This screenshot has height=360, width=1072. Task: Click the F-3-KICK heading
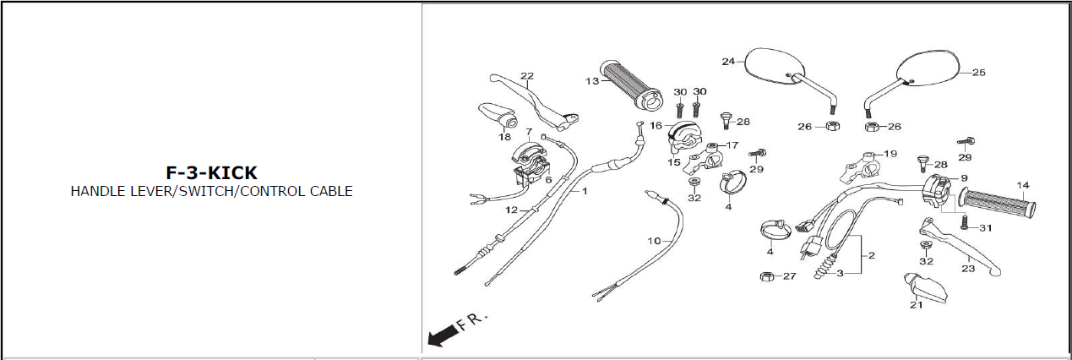point(211,172)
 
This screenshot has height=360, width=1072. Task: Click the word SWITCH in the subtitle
point(205,191)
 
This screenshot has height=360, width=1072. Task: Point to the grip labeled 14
point(998,204)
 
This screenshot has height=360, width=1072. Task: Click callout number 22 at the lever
point(527,76)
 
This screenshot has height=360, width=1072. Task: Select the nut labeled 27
point(767,276)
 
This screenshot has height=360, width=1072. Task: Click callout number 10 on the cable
point(654,241)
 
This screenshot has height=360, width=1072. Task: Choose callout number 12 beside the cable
point(511,210)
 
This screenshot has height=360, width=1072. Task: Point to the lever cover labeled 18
point(498,116)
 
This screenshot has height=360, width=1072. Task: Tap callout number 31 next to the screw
point(985,228)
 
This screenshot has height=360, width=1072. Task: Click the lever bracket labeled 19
point(861,168)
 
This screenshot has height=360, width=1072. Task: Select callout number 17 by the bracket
point(732,145)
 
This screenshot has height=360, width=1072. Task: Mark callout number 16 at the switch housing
point(656,125)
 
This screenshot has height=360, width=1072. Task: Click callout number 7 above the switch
point(529,132)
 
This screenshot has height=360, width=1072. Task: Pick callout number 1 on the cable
point(585,191)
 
